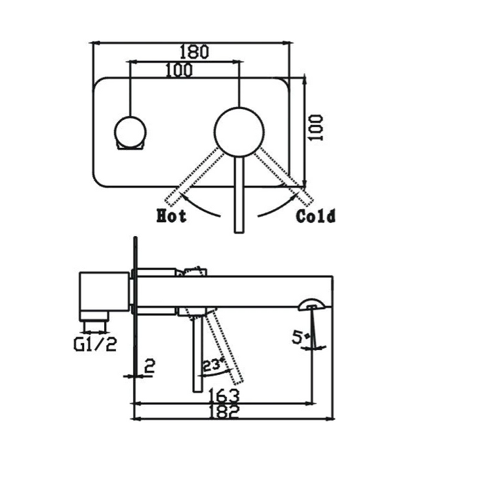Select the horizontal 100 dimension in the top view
click(179, 70)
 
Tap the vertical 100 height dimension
click(317, 128)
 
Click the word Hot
click(171, 216)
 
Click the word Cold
click(316, 216)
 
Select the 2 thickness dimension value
click(148, 367)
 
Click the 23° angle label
click(212, 364)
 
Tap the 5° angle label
click(298, 339)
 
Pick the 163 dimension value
click(223, 395)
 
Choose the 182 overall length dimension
click(223, 411)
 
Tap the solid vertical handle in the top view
click(239, 194)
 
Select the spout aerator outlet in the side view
click(311, 303)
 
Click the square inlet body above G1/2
click(104, 292)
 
